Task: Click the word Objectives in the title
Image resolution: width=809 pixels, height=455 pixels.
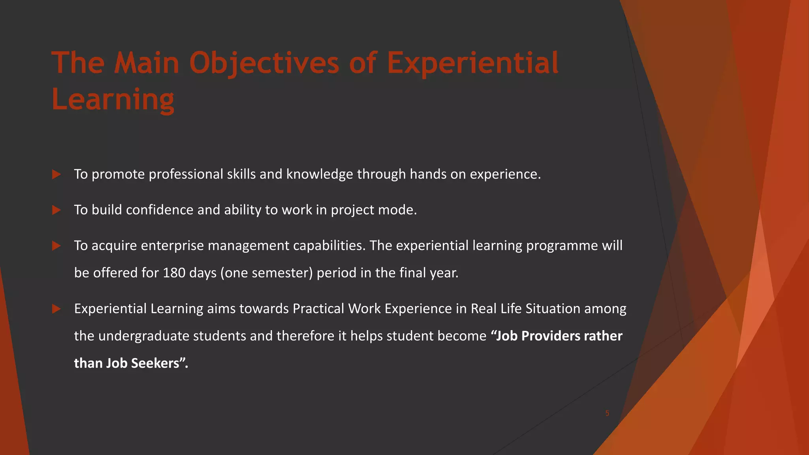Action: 264,63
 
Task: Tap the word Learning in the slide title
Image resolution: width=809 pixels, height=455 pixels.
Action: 113,100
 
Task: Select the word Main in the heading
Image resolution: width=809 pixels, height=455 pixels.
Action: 147,63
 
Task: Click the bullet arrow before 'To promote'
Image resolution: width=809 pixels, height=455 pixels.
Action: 56,174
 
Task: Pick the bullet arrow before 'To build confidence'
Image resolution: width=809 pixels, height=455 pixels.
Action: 56,210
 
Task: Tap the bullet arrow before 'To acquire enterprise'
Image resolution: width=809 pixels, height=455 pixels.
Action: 56,246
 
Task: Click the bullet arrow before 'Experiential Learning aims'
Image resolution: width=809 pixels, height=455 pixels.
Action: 56,309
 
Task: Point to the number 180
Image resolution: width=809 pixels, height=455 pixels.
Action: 174,273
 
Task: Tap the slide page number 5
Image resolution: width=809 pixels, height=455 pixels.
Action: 607,414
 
